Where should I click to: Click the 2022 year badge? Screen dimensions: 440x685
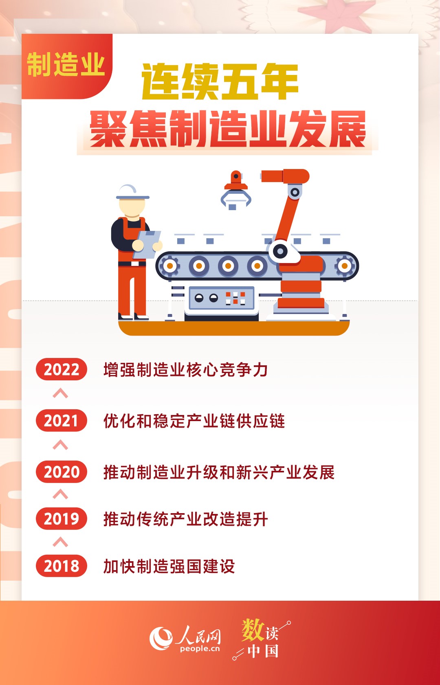pos(62,369)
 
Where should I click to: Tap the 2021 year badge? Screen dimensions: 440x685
pos(62,420)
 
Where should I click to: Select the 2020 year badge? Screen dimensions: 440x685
pos(62,472)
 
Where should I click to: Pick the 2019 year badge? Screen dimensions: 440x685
pos(62,519)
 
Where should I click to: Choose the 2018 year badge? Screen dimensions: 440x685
pos(62,566)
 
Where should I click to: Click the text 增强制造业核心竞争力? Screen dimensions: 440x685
pos(186,369)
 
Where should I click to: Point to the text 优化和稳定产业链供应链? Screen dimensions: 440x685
pos(194,421)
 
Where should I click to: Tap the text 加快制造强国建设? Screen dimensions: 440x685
pos(169,566)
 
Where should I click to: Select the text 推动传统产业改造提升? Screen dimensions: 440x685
pos(186,519)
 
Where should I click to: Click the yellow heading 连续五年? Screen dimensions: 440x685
pos(220,81)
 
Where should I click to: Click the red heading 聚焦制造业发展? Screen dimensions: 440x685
pos(228,129)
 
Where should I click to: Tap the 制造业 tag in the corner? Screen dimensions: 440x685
pos(66,64)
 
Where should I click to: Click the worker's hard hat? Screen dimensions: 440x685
pos(132,192)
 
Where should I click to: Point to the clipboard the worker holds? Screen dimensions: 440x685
pos(147,244)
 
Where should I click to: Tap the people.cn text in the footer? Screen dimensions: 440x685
pos(200,649)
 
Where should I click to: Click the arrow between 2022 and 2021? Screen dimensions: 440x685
pos(60,393)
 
